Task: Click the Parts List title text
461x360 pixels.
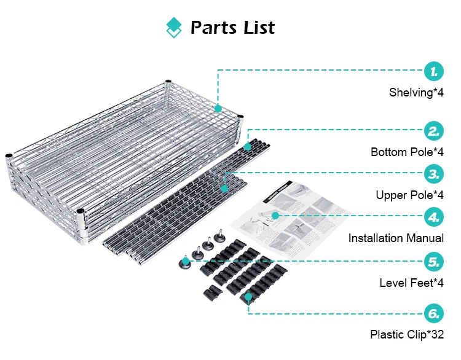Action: (x=232, y=28)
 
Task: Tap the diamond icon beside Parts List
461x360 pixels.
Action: (x=175, y=28)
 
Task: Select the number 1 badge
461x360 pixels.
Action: (x=434, y=71)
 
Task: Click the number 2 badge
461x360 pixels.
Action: (x=434, y=130)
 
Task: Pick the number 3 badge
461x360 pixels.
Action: (x=434, y=174)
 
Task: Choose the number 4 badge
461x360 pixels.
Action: (x=434, y=217)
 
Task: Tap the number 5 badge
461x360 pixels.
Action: (x=434, y=262)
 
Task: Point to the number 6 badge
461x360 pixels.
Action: (x=434, y=313)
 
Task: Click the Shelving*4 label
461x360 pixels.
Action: (x=416, y=93)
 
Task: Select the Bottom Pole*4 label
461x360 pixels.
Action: (x=407, y=152)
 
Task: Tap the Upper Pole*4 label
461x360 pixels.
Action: (x=409, y=195)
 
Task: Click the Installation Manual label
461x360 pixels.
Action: (x=396, y=238)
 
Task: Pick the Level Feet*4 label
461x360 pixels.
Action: (x=411, y=283)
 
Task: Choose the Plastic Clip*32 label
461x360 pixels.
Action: (x=406, y=335)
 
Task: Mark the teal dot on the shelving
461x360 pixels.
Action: (x=218, y=109)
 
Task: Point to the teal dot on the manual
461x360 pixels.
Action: (x=275, y=216)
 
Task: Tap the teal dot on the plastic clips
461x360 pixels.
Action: (x=248, y=298)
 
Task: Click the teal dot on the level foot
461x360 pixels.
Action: (x=184, y=261)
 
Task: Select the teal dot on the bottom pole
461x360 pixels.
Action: (x=248, y=147)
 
